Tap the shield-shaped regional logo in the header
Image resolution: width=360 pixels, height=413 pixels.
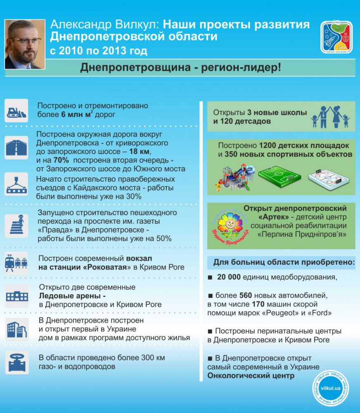tap(336, 37)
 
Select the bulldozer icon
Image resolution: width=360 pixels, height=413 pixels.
tap(17, 110)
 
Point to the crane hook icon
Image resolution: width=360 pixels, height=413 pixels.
tap(17, 184)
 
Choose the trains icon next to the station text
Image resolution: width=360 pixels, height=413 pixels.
tap(17, 263)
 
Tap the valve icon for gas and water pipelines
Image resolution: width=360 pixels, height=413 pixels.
tap(17, 362)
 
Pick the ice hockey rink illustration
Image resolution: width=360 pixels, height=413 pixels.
tap(328, 178)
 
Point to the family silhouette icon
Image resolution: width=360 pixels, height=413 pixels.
tap(330, 116)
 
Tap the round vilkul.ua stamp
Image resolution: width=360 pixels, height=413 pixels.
tap(330, 388)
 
